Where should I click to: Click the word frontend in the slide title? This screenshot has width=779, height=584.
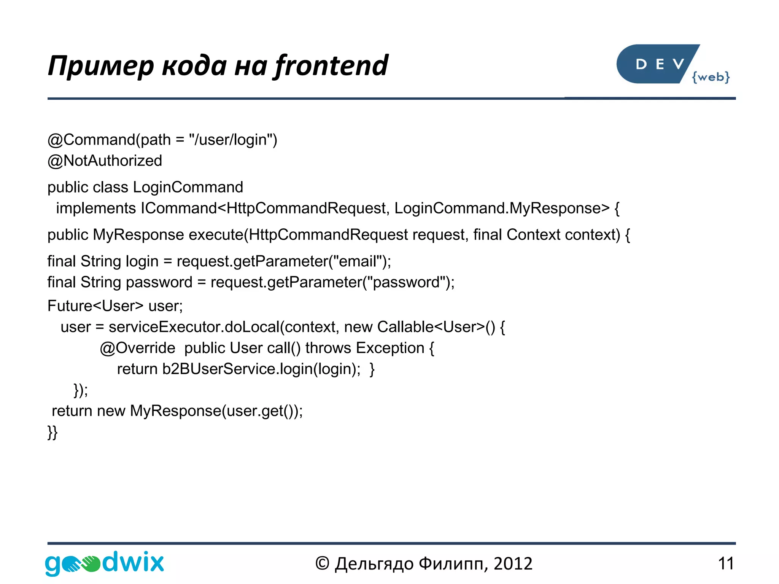coord(331,65)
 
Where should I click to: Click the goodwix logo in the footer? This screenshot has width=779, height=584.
coord(104,563)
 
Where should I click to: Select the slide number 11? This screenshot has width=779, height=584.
coord(726,563)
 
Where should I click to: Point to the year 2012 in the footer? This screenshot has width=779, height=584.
coord(513,563)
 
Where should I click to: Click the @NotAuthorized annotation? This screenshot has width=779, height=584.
coord(105,161)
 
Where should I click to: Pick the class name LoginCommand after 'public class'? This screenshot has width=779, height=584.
coord(188,187)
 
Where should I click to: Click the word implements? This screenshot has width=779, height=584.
coord(96,208)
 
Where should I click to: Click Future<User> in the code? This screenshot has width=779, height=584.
coord(95,306)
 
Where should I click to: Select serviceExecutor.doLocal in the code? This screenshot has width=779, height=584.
coord(194,327)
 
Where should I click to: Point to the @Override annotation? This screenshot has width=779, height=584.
coord(137,348)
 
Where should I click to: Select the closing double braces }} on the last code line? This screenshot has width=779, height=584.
coord(52,432)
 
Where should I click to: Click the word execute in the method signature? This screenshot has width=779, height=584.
coord(216,235)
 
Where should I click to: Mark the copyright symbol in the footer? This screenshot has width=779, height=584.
coord(322,563)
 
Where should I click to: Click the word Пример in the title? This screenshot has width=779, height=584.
coord(101,65)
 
